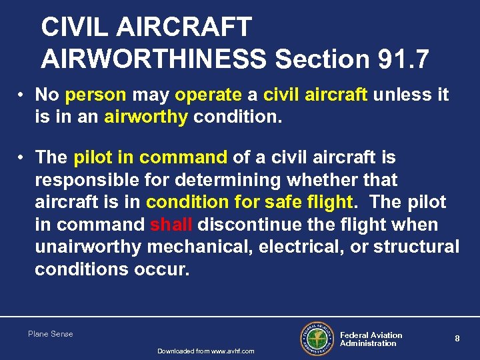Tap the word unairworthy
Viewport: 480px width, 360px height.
coord(88,247)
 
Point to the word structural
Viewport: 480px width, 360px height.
coord(416,247)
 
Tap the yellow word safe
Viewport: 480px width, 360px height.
coord(281,202)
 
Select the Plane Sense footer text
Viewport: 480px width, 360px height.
coord(51,334)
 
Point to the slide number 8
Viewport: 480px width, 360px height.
coord(457,339)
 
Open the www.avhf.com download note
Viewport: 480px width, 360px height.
coord(205,351)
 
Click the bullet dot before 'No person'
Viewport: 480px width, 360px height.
coord(23,95)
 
